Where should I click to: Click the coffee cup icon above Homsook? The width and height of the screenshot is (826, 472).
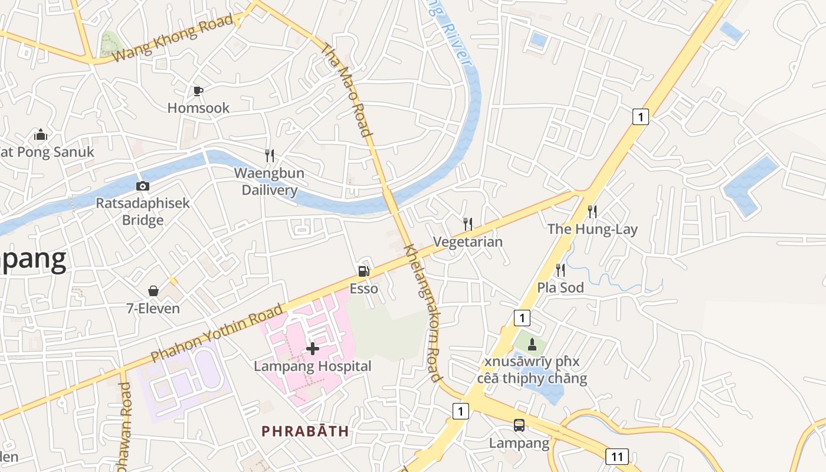[x=198, y=91]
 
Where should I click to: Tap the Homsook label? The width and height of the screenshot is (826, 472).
[x=198, y=108]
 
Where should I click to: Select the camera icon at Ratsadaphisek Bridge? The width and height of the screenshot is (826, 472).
[x=142, y=186]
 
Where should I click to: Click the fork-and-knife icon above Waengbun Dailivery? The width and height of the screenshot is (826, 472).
[x=270, y=156]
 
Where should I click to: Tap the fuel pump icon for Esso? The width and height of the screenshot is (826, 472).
[x=364, y=271]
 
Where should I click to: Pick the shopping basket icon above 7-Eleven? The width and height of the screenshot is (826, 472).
[x=153, y=291]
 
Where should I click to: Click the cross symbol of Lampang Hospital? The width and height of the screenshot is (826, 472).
[x=313, y=349]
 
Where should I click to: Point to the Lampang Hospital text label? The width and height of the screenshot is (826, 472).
[x=313, y=366]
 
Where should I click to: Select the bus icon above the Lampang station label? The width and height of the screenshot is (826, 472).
[x=519, y=425]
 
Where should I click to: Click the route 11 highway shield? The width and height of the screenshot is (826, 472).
[x=617, y=456]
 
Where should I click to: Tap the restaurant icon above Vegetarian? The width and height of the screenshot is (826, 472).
[x=468, y=224]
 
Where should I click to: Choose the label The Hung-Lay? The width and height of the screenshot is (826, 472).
[x=592, y=229]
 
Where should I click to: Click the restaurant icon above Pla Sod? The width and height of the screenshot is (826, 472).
[x=560, y=270]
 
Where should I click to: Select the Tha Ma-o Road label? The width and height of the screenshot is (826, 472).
[x=348, y=89]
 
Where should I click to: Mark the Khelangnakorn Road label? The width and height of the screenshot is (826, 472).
[x=422, y=313]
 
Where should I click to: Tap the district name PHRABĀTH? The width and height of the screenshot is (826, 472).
[x=306, y=431]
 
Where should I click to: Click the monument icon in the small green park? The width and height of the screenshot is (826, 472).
[x=532, y=344]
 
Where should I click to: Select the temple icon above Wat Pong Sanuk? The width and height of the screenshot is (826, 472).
[x=41, y=135]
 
